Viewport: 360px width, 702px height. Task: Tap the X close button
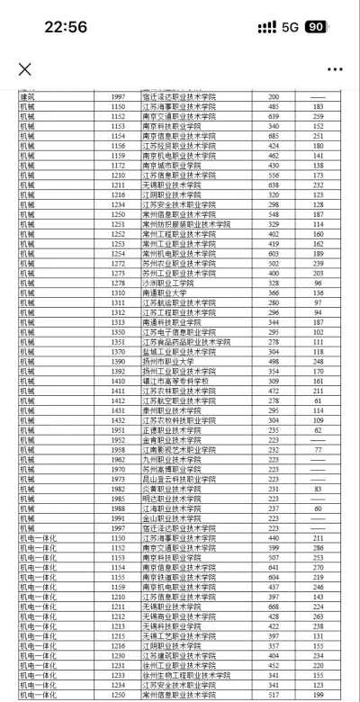[x=24, y=69]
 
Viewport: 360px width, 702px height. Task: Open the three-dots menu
[x=335, y=69]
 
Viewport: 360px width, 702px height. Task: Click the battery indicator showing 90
[x=317, y=27]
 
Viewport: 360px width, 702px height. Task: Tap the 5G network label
[x=290, y=27]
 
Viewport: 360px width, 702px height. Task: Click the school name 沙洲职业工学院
[x=168, y=283]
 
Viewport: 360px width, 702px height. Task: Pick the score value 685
[x=274, y=136]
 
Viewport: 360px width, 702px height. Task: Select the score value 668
[x=274, y=607]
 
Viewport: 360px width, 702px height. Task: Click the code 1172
[x=118, y=165]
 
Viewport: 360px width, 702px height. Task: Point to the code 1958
[x=118, y=449]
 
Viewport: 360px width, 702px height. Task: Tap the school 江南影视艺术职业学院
[x=179, y=449]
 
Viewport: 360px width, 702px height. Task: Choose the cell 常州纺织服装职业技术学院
[x=185, y=223]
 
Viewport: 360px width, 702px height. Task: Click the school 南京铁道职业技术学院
[x=179, y=577]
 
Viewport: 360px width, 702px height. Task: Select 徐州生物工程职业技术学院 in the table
[x=185, y=675]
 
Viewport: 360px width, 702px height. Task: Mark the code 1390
[x=118, y=361]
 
